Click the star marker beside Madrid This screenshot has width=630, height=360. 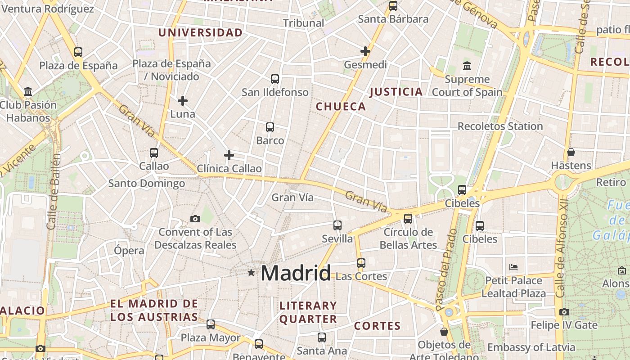[251, 273]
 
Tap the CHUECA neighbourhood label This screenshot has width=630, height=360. [341, 107]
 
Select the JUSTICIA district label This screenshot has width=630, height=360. [396, 92]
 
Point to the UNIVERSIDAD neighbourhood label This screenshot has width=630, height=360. [200, 33]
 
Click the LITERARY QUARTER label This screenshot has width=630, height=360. [308, 312]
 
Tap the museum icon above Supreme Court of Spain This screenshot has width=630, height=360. [467, 66]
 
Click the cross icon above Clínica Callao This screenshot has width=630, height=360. [229, 155]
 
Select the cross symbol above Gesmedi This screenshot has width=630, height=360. [365, 51]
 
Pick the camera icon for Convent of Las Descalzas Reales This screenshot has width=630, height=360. [195, 219]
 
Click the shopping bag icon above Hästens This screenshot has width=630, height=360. [571, 152]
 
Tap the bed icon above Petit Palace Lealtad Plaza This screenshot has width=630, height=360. [513, 267]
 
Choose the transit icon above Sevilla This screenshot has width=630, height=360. [337, 225]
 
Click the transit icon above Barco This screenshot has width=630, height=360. [270, 127]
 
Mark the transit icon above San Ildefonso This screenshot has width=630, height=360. [275, 79]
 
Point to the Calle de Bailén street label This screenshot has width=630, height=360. [53, 191]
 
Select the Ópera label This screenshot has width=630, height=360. [129, 251]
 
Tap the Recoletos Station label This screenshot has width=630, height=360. [500, 126]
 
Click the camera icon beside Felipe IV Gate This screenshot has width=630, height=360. [564, 312]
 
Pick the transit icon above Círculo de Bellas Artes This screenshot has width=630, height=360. [408, 219]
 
